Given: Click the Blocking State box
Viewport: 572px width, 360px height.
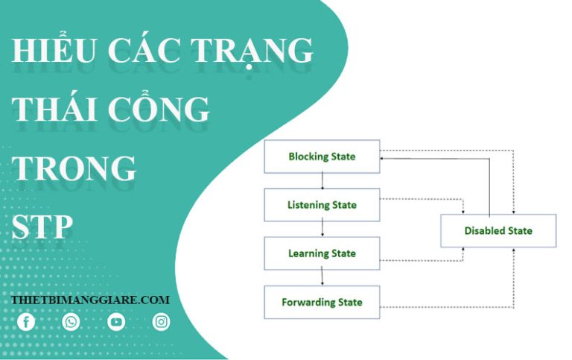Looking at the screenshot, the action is point(322,157).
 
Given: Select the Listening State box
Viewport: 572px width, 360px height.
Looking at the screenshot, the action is point(322,205).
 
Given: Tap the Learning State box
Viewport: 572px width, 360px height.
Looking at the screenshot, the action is point(322,253).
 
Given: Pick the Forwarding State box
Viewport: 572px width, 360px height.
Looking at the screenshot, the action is point(322,303).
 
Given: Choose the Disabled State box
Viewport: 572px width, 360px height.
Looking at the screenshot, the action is point(498,231).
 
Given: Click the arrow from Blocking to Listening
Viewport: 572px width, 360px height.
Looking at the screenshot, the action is point(322,180).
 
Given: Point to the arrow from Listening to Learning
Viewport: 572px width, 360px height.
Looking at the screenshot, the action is point(322,229).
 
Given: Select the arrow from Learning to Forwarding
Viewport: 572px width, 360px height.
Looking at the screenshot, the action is point(322,278).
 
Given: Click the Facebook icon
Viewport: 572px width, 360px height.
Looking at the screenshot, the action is point(26,322).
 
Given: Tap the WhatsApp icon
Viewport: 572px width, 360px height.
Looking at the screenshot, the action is point(71,322).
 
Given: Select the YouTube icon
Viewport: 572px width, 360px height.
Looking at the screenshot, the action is point(116,322).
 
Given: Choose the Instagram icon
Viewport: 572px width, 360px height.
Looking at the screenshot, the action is point(161,322).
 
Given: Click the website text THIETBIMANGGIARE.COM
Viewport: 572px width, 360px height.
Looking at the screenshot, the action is point(90,300).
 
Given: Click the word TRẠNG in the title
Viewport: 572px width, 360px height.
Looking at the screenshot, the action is point(252,51).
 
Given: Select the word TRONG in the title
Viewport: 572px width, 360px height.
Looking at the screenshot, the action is point(74,168).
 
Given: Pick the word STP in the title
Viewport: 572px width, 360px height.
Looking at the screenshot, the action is point(42,227).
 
